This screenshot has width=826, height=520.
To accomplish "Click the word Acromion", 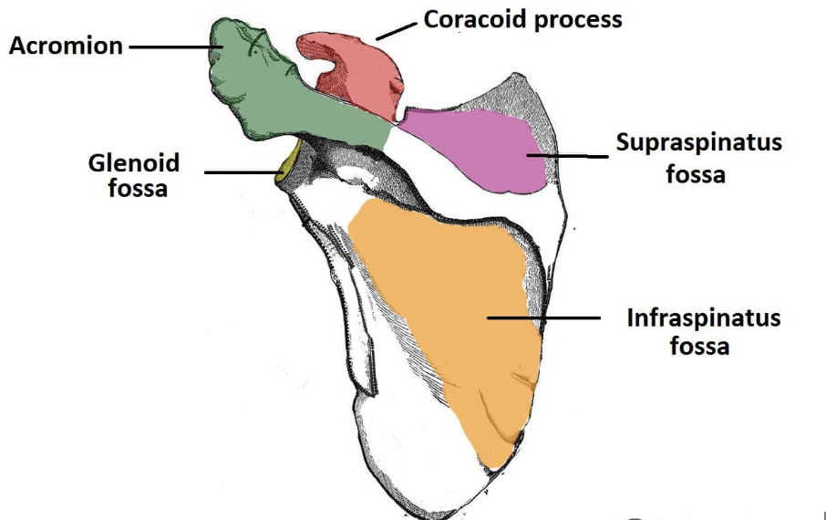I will pos(66,45).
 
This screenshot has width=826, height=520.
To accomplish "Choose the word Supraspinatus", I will pos(698,144).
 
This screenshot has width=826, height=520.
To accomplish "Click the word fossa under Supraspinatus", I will pos(696,173).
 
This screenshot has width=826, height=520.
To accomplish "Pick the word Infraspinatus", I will pos(703,318).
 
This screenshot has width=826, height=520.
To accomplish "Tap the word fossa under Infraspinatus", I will pos(699,347).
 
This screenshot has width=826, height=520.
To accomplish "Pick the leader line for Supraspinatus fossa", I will pos(565,156).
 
